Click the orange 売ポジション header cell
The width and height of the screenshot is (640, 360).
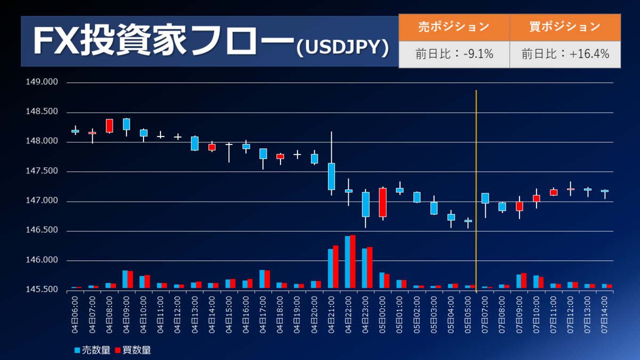[454, 27]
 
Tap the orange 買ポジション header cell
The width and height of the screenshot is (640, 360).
[565, 27]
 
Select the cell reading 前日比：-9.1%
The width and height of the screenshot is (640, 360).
[454, 54]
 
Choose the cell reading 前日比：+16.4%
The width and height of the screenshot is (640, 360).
[565, 54]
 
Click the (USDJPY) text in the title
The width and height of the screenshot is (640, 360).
[342, 47]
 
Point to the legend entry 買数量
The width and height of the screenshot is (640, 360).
[133, 350]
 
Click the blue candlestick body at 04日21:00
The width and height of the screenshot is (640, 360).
[331, 176]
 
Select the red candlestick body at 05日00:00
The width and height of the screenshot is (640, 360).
[382, 202]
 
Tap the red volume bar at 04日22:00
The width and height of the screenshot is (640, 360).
[353, 261]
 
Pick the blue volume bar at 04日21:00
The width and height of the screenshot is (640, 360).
[330, 268]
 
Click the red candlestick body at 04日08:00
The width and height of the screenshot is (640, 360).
[109, 125]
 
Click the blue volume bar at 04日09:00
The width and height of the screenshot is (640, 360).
[125, 279]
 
